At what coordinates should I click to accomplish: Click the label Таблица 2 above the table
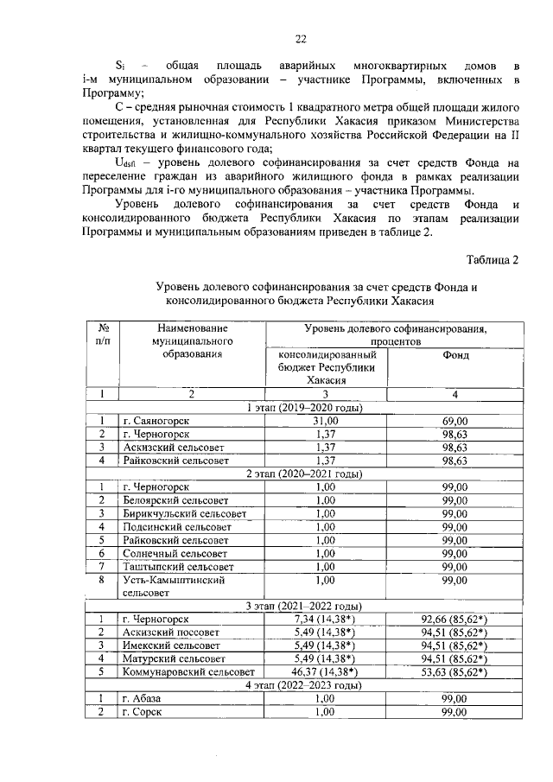coord(493,260)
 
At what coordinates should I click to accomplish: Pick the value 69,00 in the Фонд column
coord(455,420)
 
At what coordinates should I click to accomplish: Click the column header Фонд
coord(455,355)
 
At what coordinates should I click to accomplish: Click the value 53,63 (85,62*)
coord(455,671)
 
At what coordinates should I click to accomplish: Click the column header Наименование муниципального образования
coord(193,340)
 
